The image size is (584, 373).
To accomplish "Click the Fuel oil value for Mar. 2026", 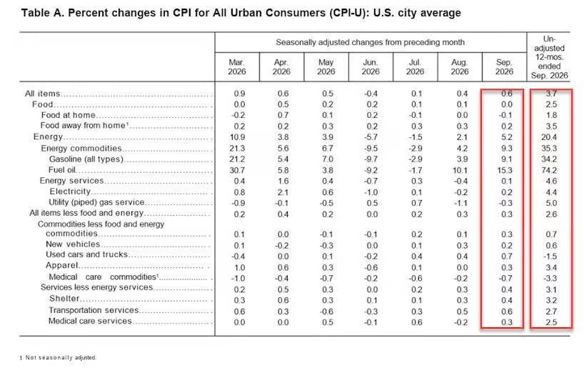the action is point(238,170).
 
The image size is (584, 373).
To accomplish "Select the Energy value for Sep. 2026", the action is point(506,137).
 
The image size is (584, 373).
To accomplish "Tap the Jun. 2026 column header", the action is point(371,67).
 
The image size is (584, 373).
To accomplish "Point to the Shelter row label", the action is point(64,299).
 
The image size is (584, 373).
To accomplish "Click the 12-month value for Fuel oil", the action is point(549,170).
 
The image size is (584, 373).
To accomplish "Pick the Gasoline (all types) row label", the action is point(86,159).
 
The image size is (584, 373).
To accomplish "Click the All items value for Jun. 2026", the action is point(371,94).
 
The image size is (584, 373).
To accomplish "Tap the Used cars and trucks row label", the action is point(87,254).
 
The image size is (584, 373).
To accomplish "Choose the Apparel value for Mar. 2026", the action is point(239,267).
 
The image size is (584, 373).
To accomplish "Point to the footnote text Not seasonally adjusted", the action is point(61,357).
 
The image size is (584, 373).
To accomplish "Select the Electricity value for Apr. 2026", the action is point(283,192).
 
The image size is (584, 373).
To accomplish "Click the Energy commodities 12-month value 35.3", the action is point(549,149).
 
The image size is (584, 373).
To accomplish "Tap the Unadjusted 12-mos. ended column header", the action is point(549,57).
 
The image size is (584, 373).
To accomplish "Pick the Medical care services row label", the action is point(90,321).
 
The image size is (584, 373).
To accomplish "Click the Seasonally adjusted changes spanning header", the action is point(371,42).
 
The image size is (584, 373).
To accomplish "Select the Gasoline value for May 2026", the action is point(328,159).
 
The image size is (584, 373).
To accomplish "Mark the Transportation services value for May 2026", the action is point(327,312).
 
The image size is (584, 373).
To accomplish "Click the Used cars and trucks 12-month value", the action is point(550,257).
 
